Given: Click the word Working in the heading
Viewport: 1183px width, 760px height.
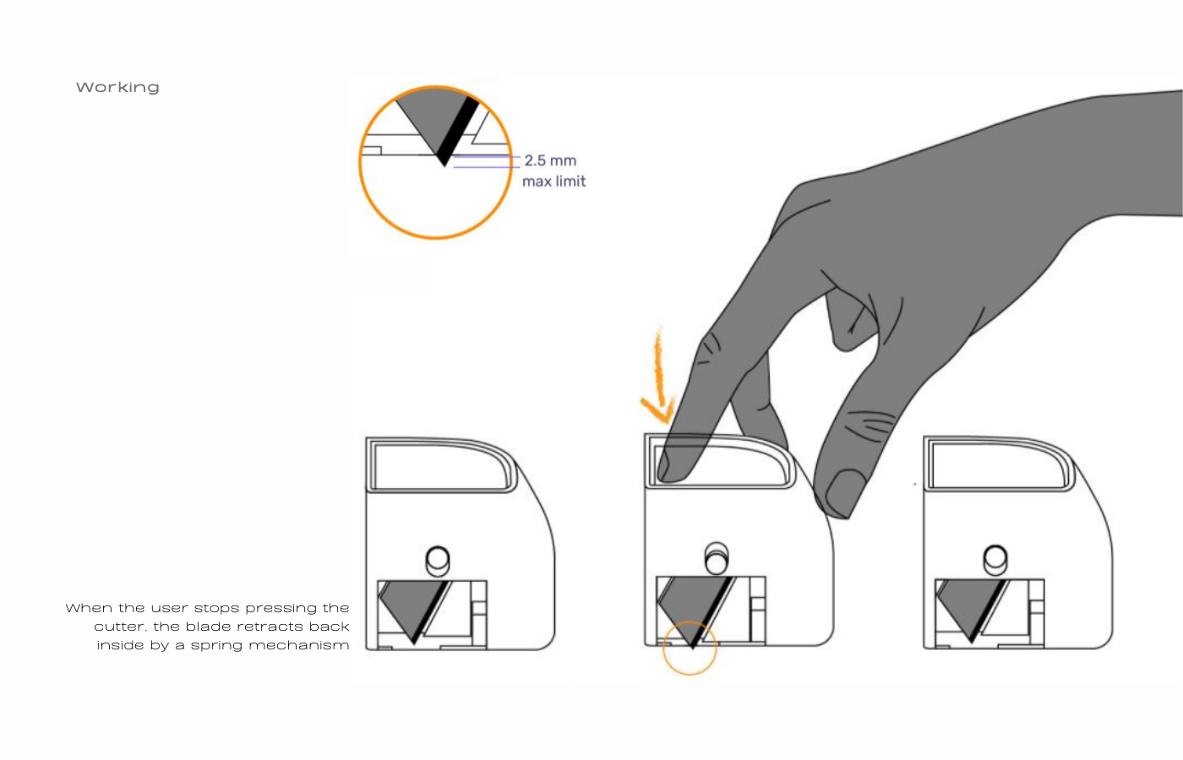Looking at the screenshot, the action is [x=117, y=88].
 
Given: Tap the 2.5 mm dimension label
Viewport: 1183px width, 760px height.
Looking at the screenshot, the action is [x=550, y=160].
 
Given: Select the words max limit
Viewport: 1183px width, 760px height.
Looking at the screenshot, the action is [x=554, y=182].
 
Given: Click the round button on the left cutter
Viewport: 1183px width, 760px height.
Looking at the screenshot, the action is [x=438, y=561].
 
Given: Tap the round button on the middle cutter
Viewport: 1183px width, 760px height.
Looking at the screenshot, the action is [x=717, y=558].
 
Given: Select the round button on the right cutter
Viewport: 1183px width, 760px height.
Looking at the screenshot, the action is [x=995, y=559].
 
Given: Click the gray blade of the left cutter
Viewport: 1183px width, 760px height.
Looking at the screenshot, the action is [x=412, y=607].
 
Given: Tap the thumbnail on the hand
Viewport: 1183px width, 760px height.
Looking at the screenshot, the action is [x=844, y=493].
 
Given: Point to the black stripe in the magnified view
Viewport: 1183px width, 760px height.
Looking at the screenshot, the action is [x=457, y=132].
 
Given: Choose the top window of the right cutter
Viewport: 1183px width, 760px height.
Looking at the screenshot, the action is [x=998, y=464].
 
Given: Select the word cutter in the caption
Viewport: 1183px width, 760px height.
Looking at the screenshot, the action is [x=120, y=627].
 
